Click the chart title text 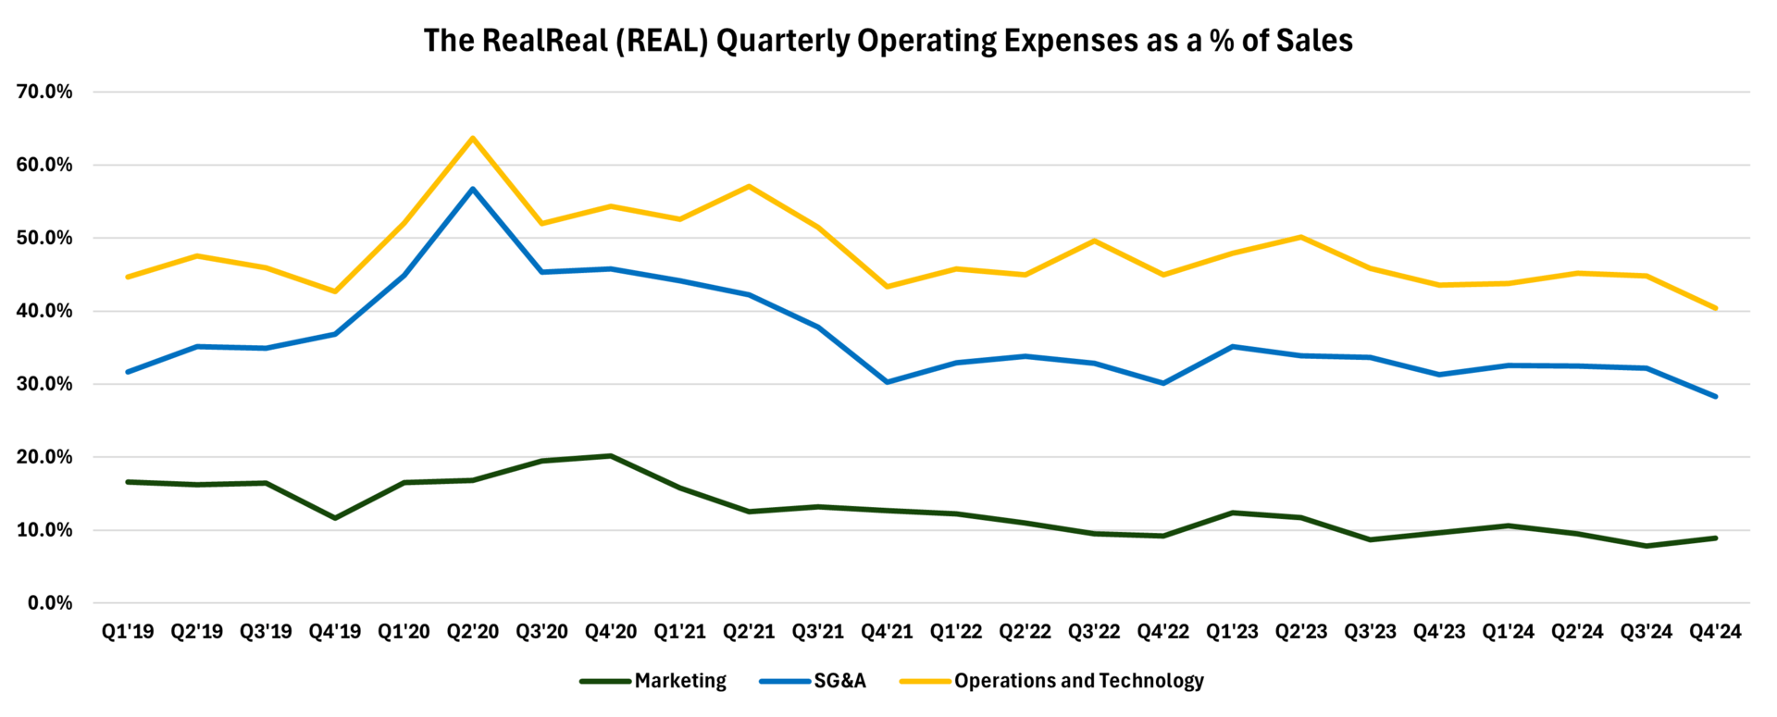click(888, 41)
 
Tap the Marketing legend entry click(680, 681)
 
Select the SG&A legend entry click(839, 681)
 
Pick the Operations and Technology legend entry click(1078, 681)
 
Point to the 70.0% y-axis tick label click(44, 92)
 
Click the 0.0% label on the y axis click(50, 603)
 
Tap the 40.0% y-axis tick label click(44, 311)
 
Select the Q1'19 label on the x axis click(128, 632)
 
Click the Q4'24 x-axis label click(1715, 632)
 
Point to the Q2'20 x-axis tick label click(473, 632)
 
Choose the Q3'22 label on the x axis click(1094, 632)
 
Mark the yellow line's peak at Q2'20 click(473, 139)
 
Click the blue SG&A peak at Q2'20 click(473, 189)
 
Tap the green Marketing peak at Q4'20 click(611, 456)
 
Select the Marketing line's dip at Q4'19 click(335, 518)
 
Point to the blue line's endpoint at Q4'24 click(1715, 396)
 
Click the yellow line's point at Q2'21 click(749, 186)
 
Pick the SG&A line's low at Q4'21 click(887, 382)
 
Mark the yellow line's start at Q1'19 click(128, 277)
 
